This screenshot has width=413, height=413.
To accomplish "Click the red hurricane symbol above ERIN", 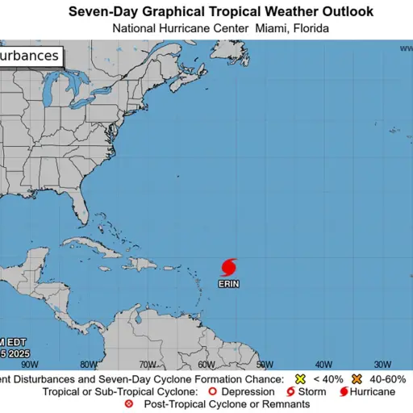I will click(x=228, y=267).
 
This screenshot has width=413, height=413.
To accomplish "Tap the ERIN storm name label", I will click(x=228, y=284).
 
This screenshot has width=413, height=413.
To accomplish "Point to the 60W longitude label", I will click(x=206, y=364).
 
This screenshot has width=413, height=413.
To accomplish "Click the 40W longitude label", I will click(x=324, y=364).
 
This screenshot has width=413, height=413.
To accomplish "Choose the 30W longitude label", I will click(x=383, y=364).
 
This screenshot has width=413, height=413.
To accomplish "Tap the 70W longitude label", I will click(x=148, y=364).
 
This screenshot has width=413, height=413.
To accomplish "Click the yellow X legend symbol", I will click(x=299, y=379).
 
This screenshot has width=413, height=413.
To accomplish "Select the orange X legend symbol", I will click(x=356, y=379).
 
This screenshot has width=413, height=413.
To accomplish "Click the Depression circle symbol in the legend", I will click(x=213, y=392).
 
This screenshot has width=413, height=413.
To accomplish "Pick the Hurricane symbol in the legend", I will click(x=343, y=392).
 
